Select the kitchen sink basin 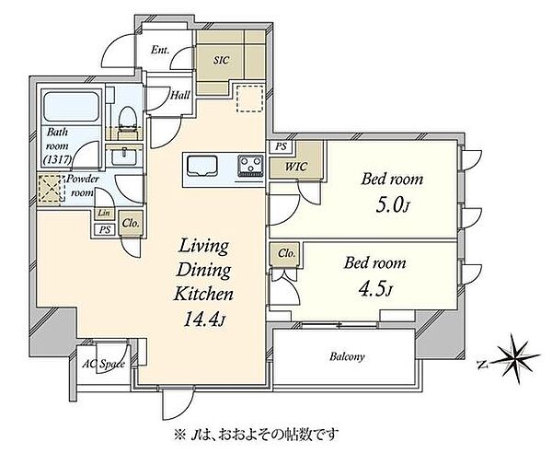[x=202, y=166]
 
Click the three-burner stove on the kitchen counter [x=251, y=166]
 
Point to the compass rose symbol [x=517, y=358]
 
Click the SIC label [x=221, y=60]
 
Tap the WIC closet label [x=295, y=167]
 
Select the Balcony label [x=347, y=357]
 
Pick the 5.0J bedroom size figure [x=393, y=206]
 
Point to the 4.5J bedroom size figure [x=375, y=289]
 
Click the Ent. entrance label [x=160, y=50]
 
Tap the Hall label [x=180, y=95]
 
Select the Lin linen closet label [x=103, y=213]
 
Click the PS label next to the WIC [x=281, y=146]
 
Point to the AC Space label [x=103, y=364]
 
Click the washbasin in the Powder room [x=124, y=156]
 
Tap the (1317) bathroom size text [x=57, y=160]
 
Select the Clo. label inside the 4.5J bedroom [x=286, y=253]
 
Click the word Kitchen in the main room [x=203, y=294]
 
